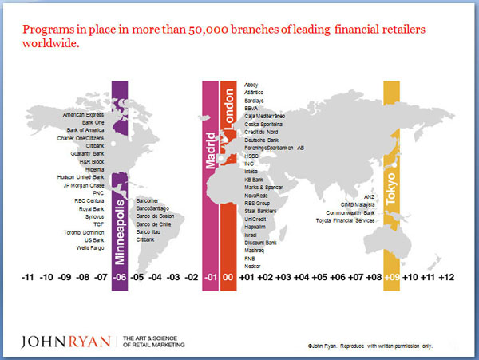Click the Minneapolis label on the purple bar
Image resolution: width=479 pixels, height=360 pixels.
pos(121,220)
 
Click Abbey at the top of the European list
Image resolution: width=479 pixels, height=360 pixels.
pos(252,85)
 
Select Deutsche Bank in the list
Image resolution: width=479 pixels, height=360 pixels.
pos(260,140)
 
